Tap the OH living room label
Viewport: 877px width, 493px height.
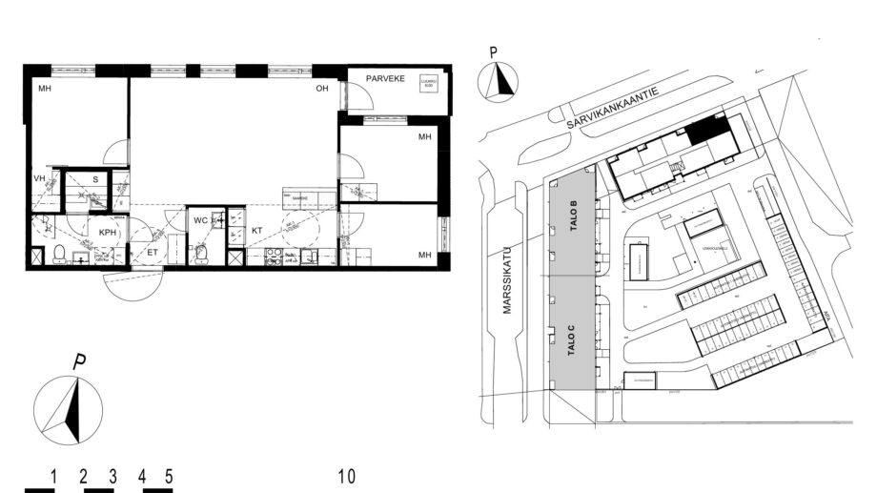[x=323, y=89]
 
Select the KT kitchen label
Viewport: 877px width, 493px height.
[x=256, y=230]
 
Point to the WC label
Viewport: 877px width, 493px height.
[x=201, y=221]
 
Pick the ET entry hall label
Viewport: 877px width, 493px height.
[x=152, y=253]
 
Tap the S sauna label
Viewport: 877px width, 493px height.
[x=94, y=178]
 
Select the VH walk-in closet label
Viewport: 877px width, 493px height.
[x=40, y=178]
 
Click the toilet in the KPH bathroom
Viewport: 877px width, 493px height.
[x=58, y=252]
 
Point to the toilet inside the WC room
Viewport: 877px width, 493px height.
[x=199, y=254]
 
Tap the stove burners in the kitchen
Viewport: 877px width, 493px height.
[x=275, y=256]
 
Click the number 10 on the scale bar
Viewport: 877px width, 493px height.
[x=346, y=475]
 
